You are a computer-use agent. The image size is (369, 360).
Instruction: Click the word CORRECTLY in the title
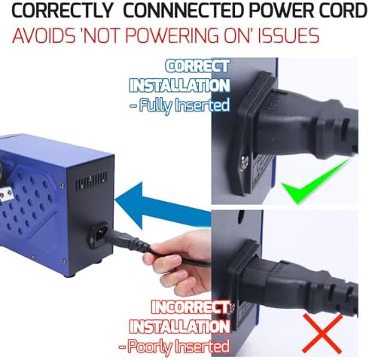(x=62, y=11)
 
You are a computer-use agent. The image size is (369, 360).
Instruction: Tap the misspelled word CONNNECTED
(x=184, y=11)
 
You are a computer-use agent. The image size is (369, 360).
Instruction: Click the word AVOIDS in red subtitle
(x=44, y=35)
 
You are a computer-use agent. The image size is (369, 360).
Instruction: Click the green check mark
(x=315, y=181)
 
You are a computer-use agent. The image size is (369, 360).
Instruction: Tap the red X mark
(x=322, y=334)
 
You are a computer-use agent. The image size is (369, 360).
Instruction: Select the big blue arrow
(x=163, y=206)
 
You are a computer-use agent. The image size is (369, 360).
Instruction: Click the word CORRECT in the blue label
(x=197, y=66)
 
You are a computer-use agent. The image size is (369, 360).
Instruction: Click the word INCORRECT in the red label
(x=191, y=307)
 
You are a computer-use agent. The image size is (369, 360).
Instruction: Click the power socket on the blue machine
(x=99, y=233)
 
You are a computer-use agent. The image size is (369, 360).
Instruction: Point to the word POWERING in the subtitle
(x=172, y=35)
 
